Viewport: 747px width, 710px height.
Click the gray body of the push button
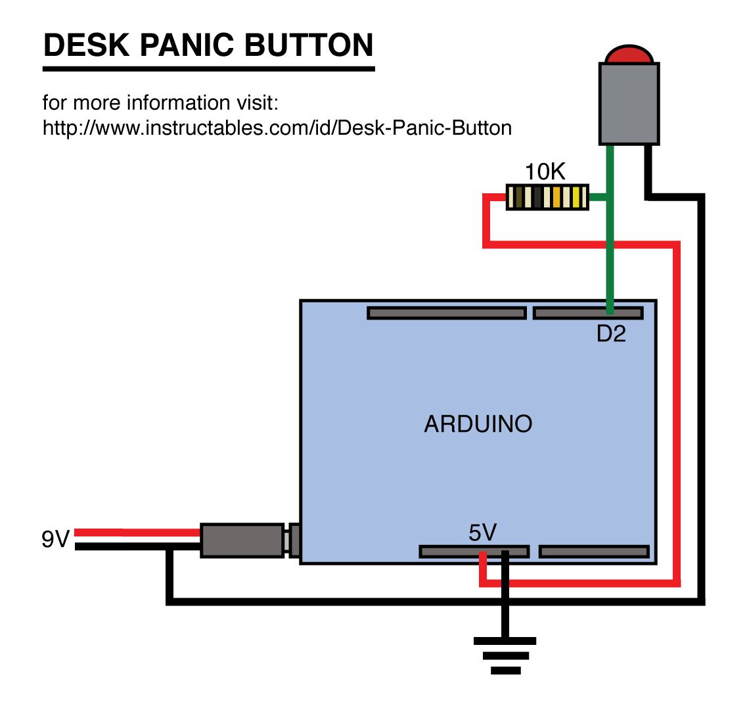click(629, 103)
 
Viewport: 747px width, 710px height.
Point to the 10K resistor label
click(545, 172)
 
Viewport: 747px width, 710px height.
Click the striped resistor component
click(547, 197)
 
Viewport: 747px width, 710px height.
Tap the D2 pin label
click(611, 334)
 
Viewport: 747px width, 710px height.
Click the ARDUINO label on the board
click(478, 424)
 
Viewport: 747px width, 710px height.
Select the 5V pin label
click(483, 532)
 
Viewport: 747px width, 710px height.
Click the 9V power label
click(55, 540)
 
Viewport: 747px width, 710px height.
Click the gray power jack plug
click(242, 540)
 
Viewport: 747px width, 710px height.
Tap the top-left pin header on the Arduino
click(447, 313)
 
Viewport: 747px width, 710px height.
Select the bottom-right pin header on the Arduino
click(594, 552)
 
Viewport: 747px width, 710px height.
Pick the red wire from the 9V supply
click(138, 532)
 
